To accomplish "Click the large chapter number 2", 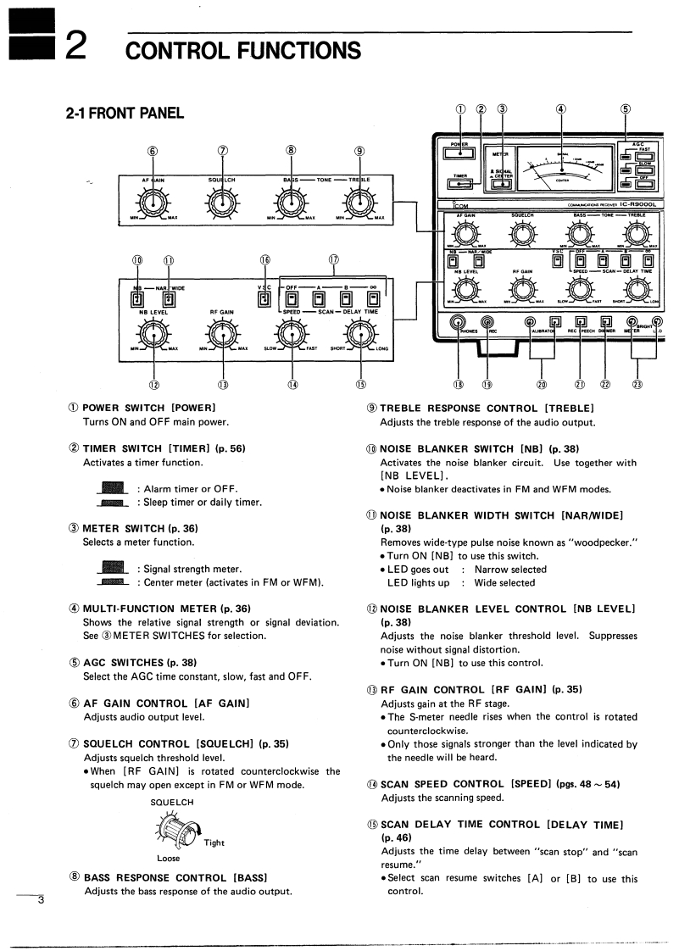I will point(75,45).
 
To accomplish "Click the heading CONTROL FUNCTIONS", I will point(242,50).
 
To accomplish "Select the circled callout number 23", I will point(637,385).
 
